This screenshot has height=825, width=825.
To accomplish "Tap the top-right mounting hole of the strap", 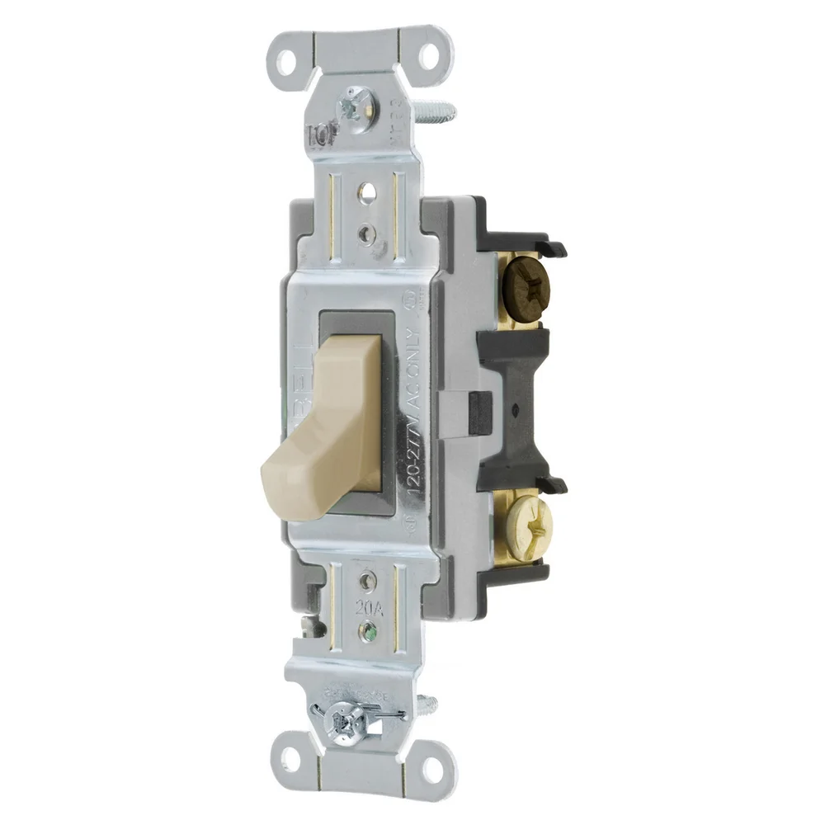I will [x=429, y=57].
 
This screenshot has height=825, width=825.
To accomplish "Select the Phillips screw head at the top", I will [x=356, y=104].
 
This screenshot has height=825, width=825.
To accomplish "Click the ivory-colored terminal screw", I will [x=525, y=522].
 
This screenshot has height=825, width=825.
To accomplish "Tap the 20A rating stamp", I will [x=370, y=609].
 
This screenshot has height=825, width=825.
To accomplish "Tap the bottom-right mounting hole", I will [x=428, y=771].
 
